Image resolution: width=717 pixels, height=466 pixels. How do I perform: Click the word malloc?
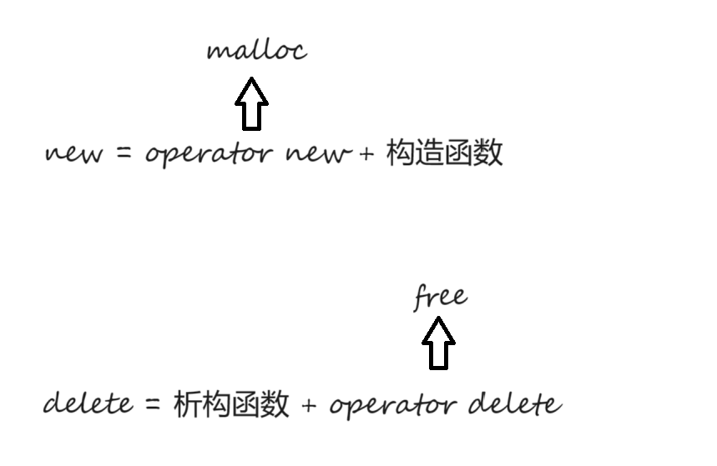256,51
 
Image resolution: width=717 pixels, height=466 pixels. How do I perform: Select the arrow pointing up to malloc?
251,104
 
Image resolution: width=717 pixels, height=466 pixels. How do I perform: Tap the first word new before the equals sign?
75,154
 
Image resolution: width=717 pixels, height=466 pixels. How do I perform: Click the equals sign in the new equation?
125,154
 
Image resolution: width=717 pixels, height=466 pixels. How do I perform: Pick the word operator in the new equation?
209,155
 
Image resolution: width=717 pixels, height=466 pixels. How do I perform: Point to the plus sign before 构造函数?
366,155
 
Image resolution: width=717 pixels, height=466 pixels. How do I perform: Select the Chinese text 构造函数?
444,153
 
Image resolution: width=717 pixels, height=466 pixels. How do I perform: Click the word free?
440,298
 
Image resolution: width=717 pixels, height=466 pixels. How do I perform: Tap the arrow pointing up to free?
438,343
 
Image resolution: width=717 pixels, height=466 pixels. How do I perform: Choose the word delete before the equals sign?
88,403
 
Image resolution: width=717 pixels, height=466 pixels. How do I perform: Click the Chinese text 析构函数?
231,404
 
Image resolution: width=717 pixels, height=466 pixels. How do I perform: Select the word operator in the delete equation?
392,406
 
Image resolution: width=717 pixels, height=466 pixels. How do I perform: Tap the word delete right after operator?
513,404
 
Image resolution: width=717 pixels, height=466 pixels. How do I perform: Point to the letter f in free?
422,298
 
